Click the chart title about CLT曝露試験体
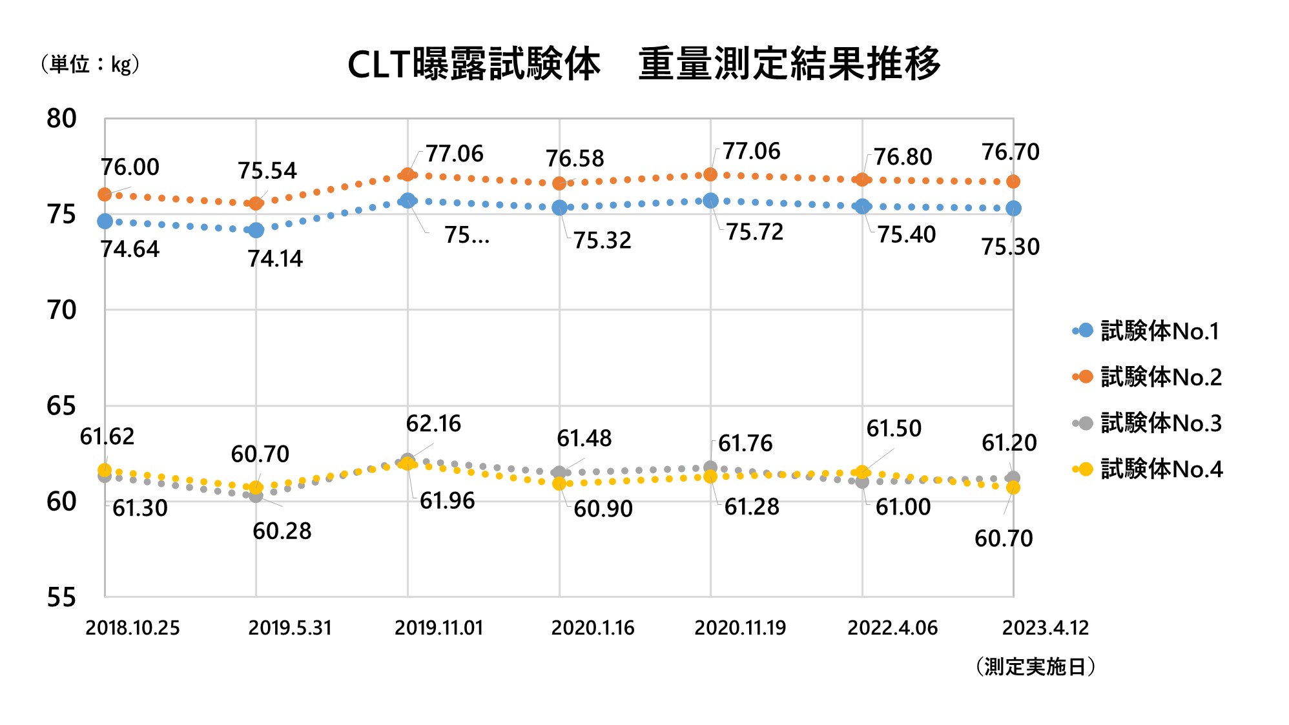coord(643,64)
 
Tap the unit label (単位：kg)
coord(90,64)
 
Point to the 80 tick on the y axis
coord(61,119)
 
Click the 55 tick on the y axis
coord(61,597)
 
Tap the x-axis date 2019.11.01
coord(439,628)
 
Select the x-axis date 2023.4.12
coord(1045,628)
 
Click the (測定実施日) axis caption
coord(1035,666)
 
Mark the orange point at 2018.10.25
coord(105,194)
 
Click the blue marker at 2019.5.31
coord(256,230)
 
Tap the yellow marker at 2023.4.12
coord(1013,487)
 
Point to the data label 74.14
coord(275,259)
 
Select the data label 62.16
coord(433,424)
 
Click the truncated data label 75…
coord(466,236)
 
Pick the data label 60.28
coord(282,531)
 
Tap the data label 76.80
coord(903,157)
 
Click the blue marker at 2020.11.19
coord(710,200)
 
